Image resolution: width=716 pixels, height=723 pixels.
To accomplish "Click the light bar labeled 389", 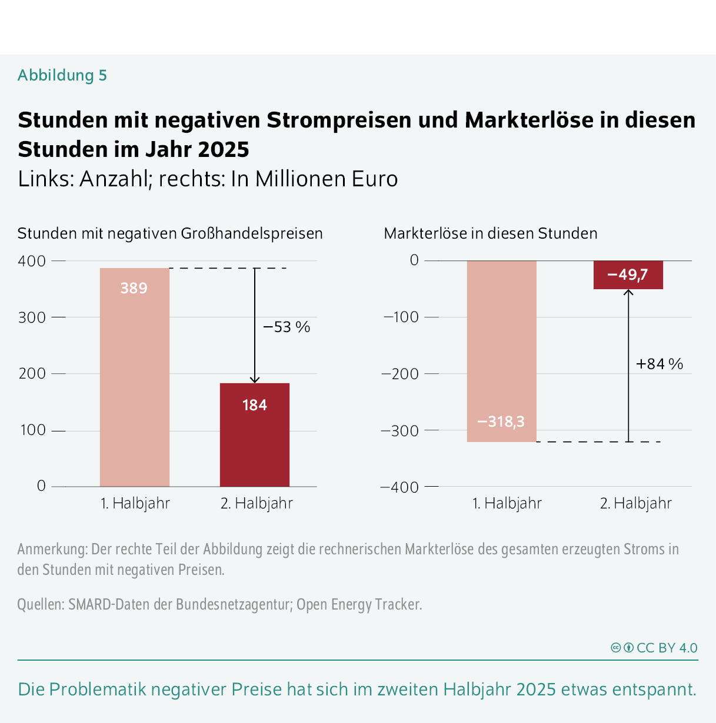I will coord(135,376).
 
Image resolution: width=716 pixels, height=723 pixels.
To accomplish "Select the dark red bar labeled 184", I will coord(255,435).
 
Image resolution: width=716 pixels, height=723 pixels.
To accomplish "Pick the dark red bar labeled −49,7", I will coord(628,275).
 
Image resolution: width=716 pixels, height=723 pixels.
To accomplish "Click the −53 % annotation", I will coord(287,327).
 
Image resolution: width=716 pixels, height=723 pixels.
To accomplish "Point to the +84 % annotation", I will coord(660,364).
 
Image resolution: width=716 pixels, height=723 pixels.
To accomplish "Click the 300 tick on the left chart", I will coord(32,317).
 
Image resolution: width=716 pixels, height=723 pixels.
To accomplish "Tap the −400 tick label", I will coord(401,487).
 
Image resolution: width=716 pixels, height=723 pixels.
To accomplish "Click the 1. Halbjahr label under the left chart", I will coord(135,504).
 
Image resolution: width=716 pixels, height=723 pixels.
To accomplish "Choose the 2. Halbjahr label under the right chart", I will coord(635,504).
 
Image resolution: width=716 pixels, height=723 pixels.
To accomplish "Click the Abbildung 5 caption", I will coord(62,75).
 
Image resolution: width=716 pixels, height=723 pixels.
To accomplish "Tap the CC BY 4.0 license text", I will coord(667,648).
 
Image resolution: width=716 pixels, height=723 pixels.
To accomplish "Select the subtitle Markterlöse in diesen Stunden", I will coord(491,233).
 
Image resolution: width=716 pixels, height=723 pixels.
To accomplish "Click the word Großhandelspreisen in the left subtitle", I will coord(252,233).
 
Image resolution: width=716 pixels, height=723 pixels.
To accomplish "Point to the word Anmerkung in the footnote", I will coord(52,549).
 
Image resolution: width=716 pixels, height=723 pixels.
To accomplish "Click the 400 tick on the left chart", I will coord(32,261).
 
